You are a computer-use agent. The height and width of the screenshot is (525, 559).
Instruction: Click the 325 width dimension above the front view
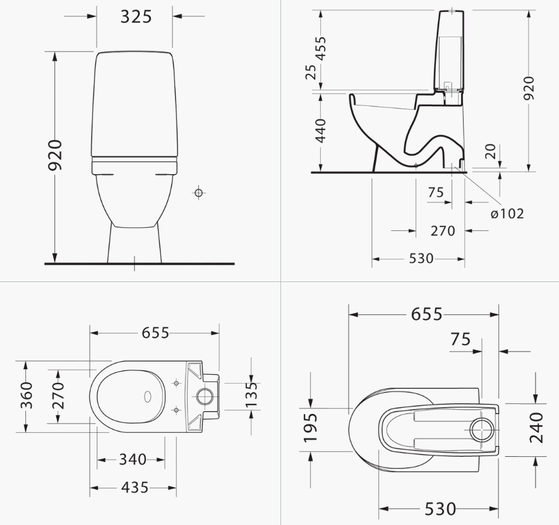136,16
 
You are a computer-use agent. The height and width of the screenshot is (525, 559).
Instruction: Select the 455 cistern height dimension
321,49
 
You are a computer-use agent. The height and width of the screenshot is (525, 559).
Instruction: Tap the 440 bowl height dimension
321,131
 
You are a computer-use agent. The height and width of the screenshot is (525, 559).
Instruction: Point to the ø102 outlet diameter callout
507,213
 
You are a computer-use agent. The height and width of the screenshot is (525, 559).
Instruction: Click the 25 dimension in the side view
311,72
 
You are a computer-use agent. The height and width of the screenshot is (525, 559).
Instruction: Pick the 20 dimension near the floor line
490,151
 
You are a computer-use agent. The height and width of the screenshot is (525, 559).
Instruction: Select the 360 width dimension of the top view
26,396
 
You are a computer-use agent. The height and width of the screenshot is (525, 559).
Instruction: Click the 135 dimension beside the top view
251,394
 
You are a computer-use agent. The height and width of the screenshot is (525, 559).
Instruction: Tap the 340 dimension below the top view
133,459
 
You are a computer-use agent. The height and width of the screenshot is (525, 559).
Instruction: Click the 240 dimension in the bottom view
536,428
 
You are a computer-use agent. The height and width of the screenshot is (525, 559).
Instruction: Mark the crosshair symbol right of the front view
198,192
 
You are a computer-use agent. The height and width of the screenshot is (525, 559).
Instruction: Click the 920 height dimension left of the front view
56,155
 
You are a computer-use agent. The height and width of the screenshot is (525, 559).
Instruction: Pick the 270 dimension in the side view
443,231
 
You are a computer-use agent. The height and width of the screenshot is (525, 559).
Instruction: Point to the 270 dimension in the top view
58,396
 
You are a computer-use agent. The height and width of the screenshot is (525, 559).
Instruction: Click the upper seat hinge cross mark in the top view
176,382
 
